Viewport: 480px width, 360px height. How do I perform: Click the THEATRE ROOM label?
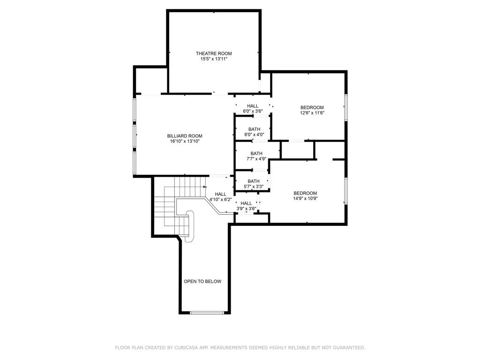[x=214, y=53]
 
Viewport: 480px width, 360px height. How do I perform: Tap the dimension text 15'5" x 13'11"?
[x=214, y=59]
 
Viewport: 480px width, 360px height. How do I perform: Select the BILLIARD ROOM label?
[x=185, y=136]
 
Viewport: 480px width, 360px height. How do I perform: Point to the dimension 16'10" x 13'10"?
[x=185, y=142]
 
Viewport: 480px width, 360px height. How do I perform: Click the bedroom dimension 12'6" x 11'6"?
[x=312, y=113]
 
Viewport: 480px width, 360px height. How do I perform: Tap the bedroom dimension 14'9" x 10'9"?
[x=305, y=199]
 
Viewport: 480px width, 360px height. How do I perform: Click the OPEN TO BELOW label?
[x=202, y=282]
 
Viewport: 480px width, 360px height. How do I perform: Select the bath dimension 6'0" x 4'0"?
[x=254, y=135]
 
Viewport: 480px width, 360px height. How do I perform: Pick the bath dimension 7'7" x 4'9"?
[x=256, y=159]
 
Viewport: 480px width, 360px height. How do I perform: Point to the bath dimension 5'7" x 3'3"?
[x=254, y=187]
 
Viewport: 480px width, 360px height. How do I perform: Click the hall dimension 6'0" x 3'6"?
[x=253, y=112]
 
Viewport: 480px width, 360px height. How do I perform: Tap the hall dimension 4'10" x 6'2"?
[x=220, y=200]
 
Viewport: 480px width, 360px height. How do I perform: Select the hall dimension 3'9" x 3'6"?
[x=246, y=209]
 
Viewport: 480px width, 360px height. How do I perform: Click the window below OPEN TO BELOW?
[x=207, y=313]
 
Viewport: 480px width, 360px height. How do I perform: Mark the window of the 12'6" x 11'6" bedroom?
[x=346, y=107]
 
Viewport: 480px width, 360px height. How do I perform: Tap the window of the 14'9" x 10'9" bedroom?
[x=346, y=191]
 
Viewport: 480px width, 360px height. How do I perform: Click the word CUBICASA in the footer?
[x=185, y=348]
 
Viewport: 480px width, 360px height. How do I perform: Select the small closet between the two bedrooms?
[x=298, y=150]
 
